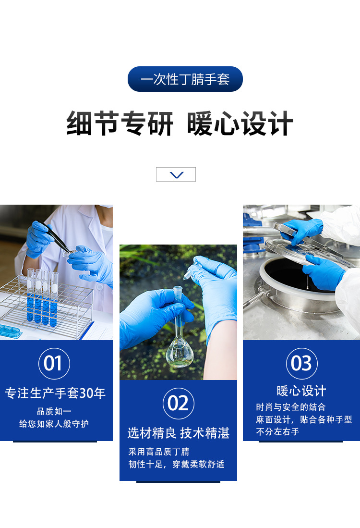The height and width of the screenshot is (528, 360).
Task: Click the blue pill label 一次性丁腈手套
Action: [x=185, y=79]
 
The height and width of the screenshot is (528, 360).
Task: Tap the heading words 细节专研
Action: [x=120, y=123]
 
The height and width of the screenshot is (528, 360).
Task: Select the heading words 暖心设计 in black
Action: [x=240, y=123]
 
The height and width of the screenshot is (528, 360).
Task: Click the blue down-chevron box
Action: [x=176, y=174]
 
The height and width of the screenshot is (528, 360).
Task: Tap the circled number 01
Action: [x=54, y=363]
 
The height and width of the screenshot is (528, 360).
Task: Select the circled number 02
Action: [x=178, y=403]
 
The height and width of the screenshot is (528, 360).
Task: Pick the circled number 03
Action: [x=302, y=363]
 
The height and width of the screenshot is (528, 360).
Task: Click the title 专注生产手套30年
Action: [x=55, y=393]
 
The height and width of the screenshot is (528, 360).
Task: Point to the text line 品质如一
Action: [x=54, y=411]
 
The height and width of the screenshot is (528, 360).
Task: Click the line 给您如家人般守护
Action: [x=54, y=424]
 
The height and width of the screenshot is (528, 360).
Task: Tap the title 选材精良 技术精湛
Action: [x=178, y=433]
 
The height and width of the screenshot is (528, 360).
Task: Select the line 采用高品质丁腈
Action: [x=159, y=452]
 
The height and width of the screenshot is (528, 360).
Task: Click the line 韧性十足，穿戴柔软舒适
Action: [x=176, y=465]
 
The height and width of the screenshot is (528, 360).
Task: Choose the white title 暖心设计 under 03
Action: [x=301, y=391]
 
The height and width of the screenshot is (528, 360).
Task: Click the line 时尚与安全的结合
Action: [x=291, y=407]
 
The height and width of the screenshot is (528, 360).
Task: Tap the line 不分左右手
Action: [x=277, y=432]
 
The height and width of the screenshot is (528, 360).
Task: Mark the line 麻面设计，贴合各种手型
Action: [x=304, y=419]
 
